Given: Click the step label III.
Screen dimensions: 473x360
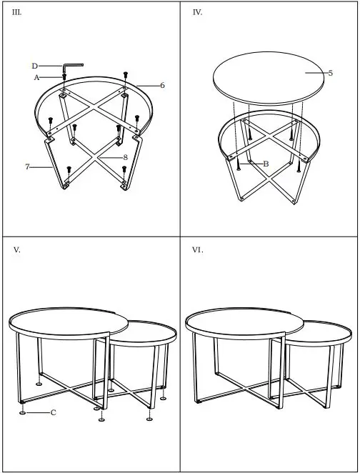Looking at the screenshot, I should coord(18,13).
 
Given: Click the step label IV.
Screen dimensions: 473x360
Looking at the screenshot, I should coord(197,13).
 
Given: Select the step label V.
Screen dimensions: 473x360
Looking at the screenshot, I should coord(16,249).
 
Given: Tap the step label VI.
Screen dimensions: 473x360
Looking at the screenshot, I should coord(198,249).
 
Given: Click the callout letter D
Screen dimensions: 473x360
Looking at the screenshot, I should coord(34,66).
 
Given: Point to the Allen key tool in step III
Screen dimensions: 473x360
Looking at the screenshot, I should coord(71,65).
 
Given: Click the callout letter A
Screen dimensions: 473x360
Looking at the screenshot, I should coord(36,78).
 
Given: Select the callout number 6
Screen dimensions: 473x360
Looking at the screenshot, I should coord(162,85).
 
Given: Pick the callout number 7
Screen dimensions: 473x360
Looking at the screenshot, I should coord(27,166).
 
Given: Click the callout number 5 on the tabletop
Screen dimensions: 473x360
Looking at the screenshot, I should coord(331,73).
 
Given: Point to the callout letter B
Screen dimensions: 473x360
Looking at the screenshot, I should coord(266,164).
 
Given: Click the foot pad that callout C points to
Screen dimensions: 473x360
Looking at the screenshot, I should coord(24,412).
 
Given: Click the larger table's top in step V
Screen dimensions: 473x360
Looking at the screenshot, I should coord(64,322).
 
